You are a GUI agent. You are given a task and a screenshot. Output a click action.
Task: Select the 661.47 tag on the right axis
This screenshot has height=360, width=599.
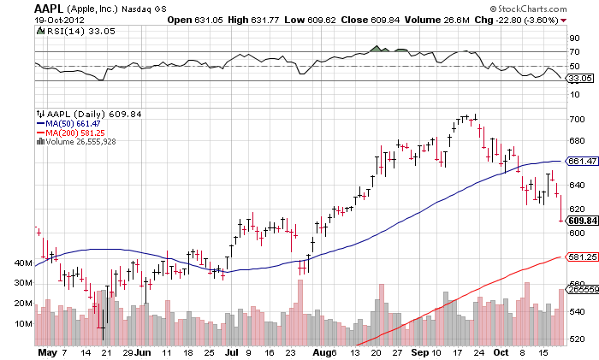tap(582, 160)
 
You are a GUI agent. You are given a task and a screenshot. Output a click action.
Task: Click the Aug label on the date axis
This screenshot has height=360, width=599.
tap(322, 351)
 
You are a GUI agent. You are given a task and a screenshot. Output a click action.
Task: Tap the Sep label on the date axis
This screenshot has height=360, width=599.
tap(419, 351)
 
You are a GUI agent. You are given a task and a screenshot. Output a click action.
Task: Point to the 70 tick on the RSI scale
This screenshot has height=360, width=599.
tap(576, 52)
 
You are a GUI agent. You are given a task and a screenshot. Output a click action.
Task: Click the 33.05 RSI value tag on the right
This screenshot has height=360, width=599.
tap(582, 77)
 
